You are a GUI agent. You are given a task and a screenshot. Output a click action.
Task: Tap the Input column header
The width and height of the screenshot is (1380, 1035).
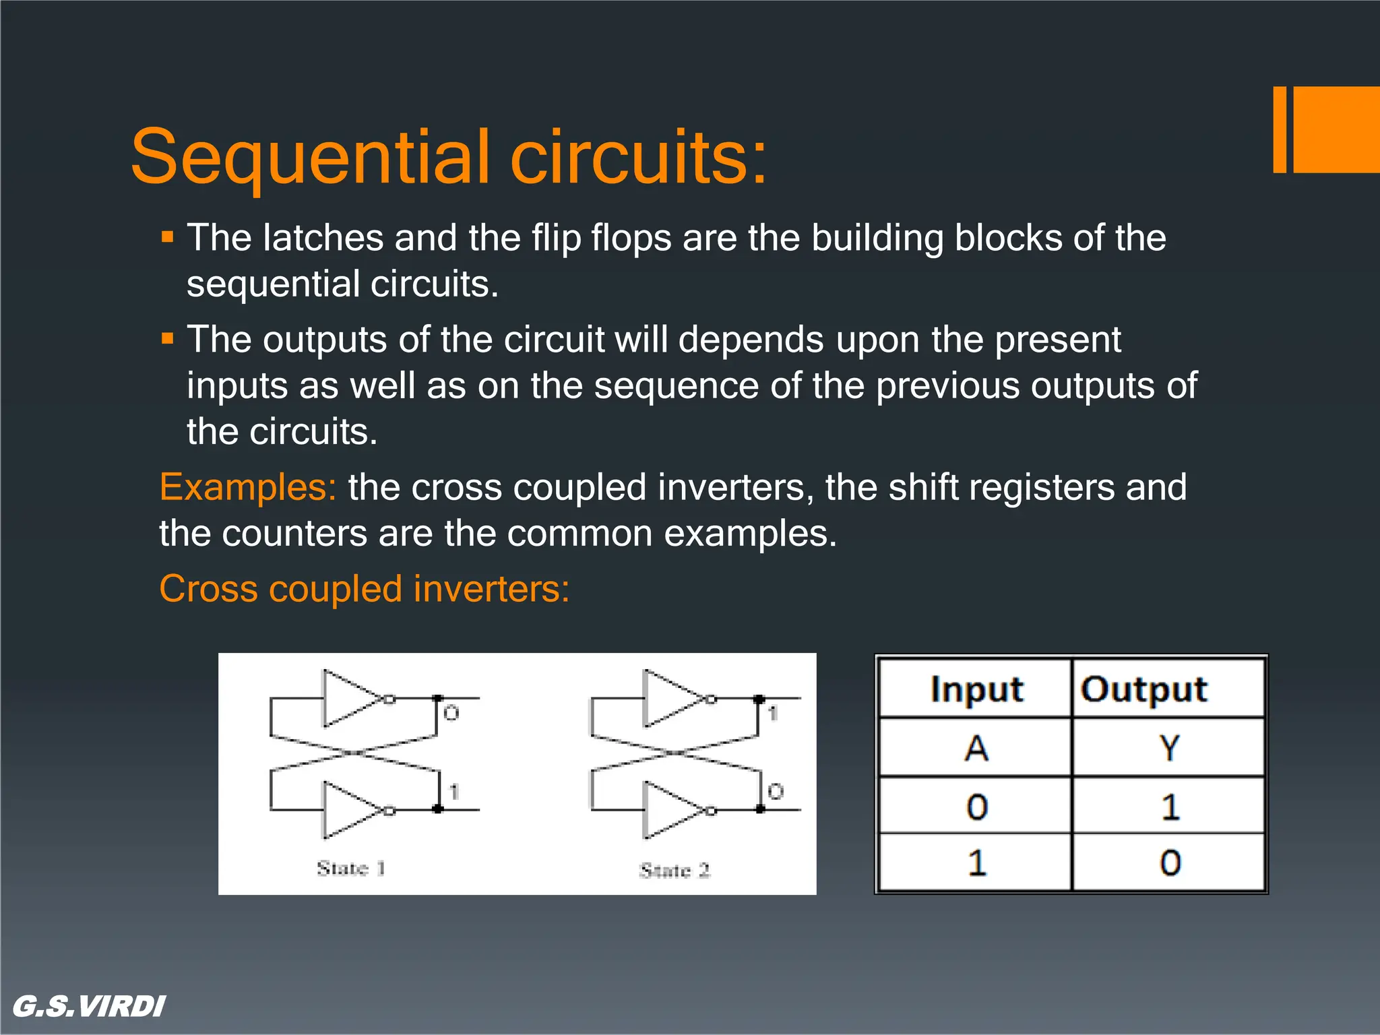[x=976, y=689]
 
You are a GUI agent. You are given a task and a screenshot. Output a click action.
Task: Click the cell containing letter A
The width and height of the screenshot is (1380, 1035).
[x=976, y=748]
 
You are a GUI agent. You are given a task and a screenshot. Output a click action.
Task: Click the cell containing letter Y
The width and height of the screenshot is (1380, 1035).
[x=1169, y=748]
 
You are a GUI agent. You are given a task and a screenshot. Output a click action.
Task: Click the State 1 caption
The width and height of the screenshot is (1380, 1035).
[x=351, y=868]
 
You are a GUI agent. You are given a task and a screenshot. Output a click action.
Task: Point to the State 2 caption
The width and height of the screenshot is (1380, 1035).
[x=675, y=870]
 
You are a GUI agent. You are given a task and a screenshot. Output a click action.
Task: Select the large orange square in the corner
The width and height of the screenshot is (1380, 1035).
[x=1337, y=129]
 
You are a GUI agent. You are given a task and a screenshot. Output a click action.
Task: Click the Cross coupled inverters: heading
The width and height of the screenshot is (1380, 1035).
[x=365, y=589]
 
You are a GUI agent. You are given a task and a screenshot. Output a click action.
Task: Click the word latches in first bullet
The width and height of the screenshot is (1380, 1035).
[x=323, y=238]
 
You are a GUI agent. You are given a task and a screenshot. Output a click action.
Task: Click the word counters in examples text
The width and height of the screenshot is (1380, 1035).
[x=294, y=534]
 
